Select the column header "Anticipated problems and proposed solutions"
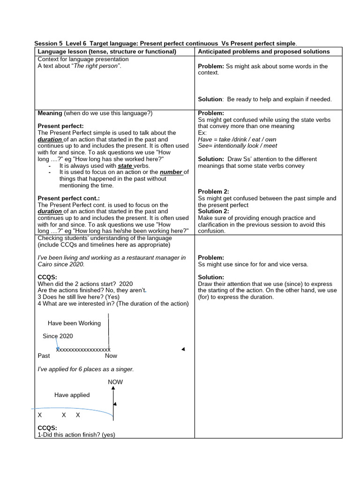coord(263,52)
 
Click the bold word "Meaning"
coord(50,113)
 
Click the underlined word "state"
coord(125,165)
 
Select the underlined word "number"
coord(171,172)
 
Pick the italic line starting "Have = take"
coord(237,139)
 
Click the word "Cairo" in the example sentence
coord(46,264)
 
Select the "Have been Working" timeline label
coord(74,323)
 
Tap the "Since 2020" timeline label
coord(58,336)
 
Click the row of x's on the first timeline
coord(83,349)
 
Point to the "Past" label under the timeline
coord(44,356)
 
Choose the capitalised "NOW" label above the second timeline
coord(115,382)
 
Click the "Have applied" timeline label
coord(72,395)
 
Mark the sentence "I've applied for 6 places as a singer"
coord(85,369)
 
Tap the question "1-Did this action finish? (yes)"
coord(76,435)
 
